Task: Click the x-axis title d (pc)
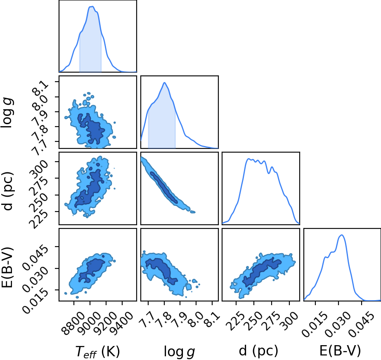click(x=258, y=351)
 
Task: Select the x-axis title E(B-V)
click(x=340, y=351)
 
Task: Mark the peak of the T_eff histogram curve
click(x=92, y=6)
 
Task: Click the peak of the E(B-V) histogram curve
click(x=342, y=235)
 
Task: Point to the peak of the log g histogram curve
click(x=165, y=82)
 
